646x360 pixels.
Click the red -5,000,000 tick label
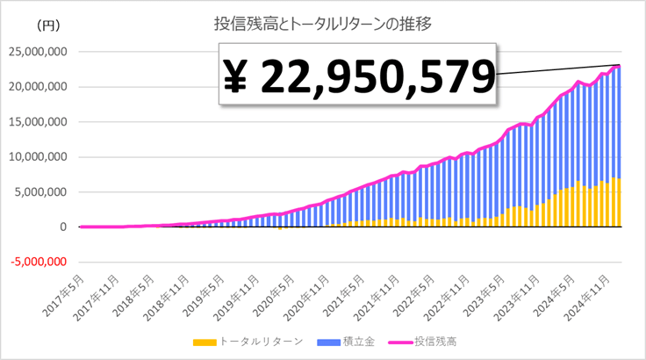click(39, 262)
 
